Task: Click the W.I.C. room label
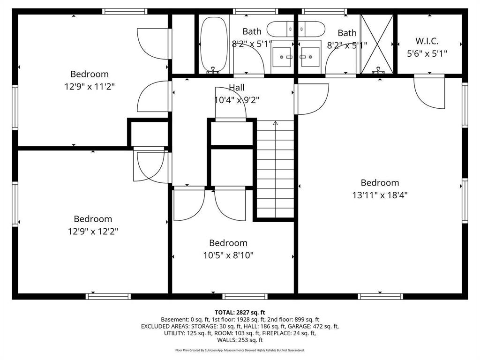(x=427, y=41)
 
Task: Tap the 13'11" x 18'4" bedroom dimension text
(x=380, y=195)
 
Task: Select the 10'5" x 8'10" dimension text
(x=228, y=255)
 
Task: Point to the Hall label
(x=237, y=88)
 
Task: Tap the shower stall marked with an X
(x=377, y=44)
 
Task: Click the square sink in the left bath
(x=282, y=57)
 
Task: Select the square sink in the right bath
(x=310, y=57)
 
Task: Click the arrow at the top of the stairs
(x=275, y=123)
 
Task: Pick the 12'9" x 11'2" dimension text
(x=90, y=87)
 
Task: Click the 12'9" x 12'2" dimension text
(x=93, y=231)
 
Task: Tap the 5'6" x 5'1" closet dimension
(x=427, y=54)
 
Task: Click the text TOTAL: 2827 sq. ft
(x=240, y=313)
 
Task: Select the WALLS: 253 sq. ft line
(x=240, y=340)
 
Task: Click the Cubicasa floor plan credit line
(x=240, y=350)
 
